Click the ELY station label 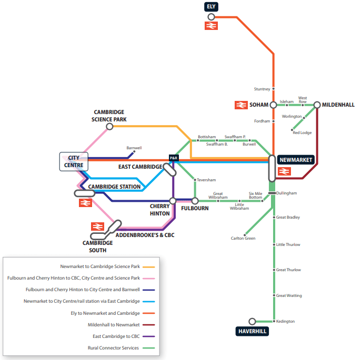coord(211,6)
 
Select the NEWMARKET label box coord(296,160)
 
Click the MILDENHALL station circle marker coord(317,105)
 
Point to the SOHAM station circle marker coord(273,105)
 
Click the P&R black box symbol coord(173,158)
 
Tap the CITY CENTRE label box coord(74,162)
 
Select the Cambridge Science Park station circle coord(109,127)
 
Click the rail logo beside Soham coord(241,105)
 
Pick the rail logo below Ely coord(212,26)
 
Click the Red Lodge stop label coord(302,133)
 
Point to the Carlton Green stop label coord(243,239)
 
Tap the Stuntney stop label coord(262,89)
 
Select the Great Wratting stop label coord(289,296)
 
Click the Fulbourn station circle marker coord(195,201)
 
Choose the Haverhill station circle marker coord(252,321)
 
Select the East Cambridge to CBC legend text coord(116,336)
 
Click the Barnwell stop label coord(134,148)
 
